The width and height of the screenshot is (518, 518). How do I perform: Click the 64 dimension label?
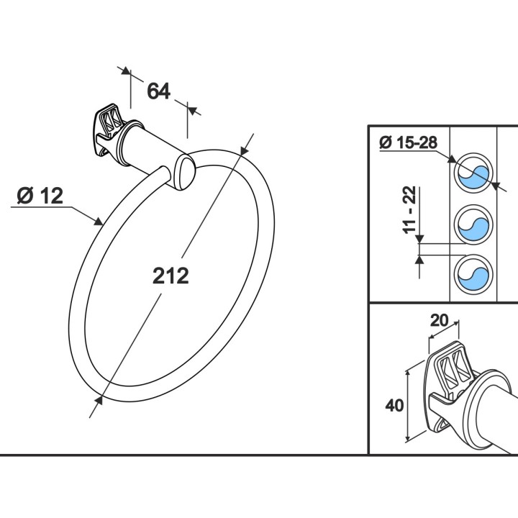click(x=158, y=91)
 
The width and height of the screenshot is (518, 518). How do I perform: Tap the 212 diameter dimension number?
click(x=171, y=276)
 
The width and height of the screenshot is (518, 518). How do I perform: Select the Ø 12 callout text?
click(x=40, y=196)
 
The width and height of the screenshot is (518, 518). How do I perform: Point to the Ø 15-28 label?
click(x=408, y=142)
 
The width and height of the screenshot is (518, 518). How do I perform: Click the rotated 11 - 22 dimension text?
click(x=410, y=210)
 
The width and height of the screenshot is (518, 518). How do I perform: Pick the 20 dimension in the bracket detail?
click(x=440, y=320)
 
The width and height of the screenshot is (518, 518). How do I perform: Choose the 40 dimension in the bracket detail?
click(x=394, y=405)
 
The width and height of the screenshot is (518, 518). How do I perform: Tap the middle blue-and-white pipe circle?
click(x=473, y=224)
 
